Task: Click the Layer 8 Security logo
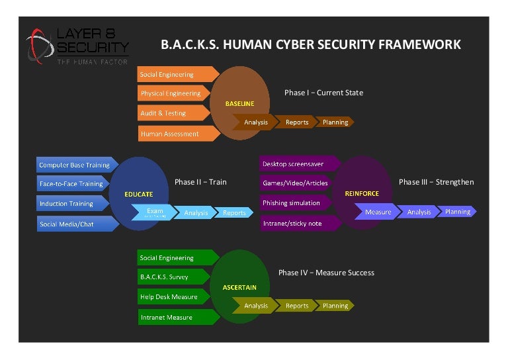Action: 77,46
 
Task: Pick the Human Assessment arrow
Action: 171,134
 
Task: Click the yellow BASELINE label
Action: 239,104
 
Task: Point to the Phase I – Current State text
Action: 323,93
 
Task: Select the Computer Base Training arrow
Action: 74,165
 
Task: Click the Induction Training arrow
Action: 68,204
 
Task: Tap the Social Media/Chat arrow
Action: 68,224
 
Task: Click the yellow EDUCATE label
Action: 138,195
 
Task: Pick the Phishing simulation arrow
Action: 292,203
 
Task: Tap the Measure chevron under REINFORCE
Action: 378,212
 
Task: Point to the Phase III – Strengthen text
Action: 436,182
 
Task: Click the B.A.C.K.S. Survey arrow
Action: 166,277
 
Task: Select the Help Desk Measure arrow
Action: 170,297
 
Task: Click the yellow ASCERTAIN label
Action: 239,288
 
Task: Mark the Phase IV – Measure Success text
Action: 326,273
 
